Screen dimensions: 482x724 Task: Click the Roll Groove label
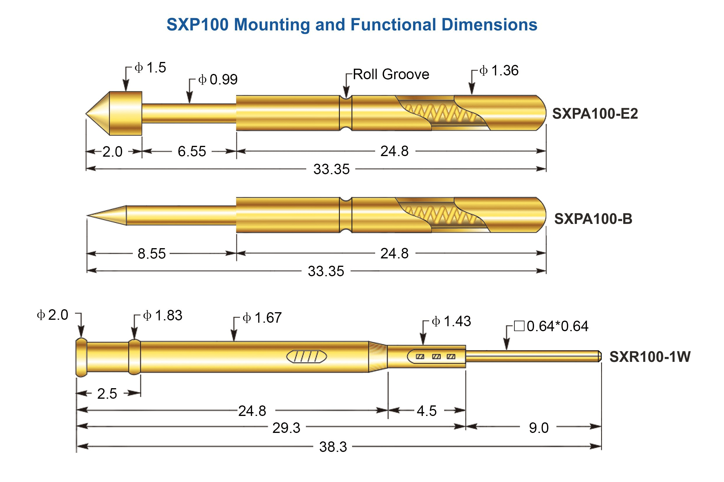(391, 75)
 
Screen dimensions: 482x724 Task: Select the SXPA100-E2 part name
(595, 114)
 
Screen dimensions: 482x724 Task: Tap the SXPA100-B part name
(593, 219)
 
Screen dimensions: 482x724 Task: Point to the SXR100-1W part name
(650, 357)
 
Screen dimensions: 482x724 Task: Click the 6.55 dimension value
(192, 151)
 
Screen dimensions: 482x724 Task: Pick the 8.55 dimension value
(152, 254)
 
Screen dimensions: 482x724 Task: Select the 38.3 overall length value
(333, 447)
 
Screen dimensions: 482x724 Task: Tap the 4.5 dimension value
(427, 411)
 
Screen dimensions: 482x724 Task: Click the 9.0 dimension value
(539, 428)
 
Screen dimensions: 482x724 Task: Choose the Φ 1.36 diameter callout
(499, 71)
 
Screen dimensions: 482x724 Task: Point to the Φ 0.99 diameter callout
(218, 80)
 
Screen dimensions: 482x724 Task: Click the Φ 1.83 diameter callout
(163, 316)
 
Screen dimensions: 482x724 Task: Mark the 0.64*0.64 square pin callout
(551, 326)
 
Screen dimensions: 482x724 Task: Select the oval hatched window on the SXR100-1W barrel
(307, 357)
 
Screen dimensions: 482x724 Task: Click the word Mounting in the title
(272, 25)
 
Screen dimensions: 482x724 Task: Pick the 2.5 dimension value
(107, 394)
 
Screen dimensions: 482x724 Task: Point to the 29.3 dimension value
(286, 428)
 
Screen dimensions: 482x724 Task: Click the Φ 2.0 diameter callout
(53, 315)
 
